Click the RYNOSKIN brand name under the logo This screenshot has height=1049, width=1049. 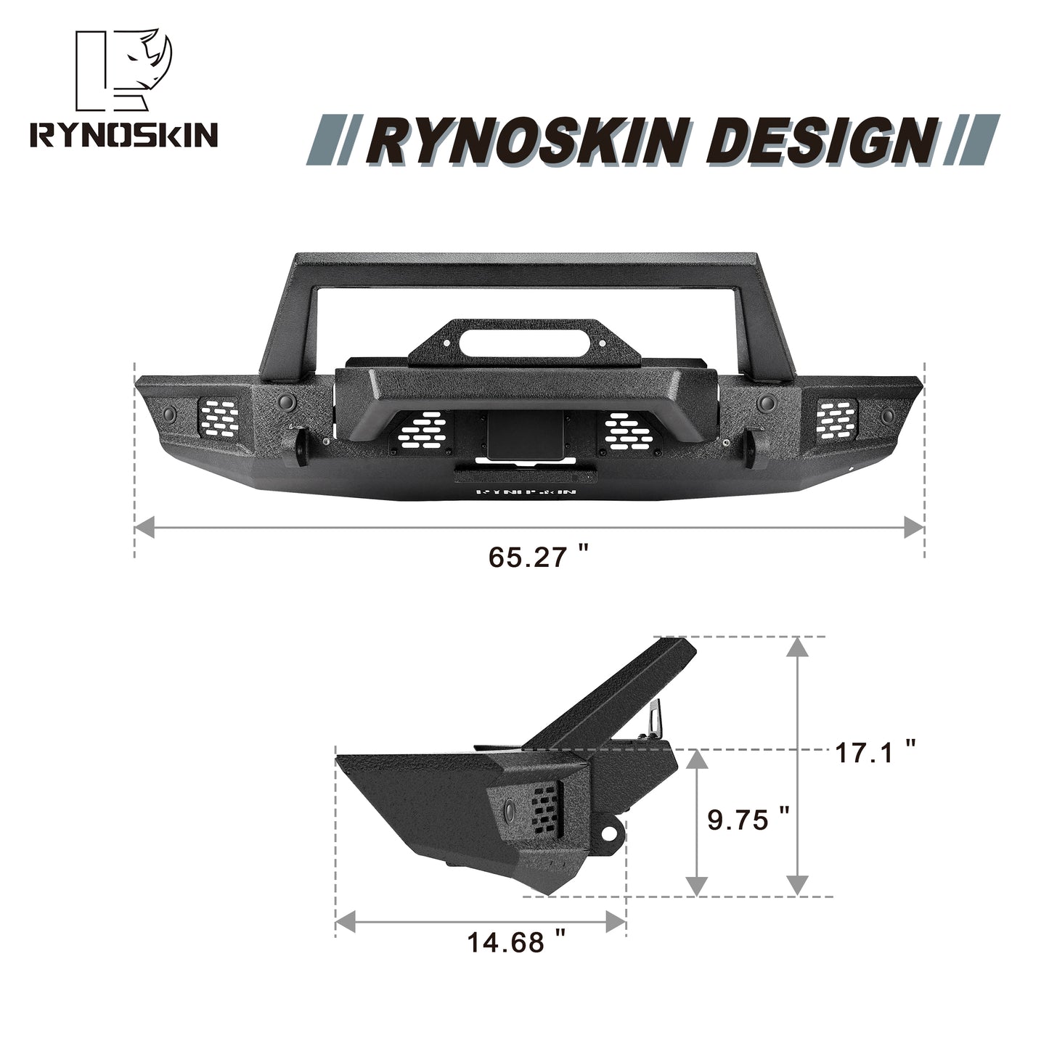click(x=123, y=136)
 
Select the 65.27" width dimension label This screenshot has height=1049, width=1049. click(x=538, y=558)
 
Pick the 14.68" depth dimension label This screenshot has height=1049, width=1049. click(x=516, y=943)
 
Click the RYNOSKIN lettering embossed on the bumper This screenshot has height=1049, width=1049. click(x=526, y=491)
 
